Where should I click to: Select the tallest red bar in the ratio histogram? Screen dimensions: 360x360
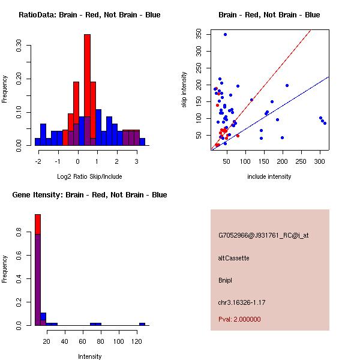click(87, 84)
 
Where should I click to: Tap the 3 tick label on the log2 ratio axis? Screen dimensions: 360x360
click(137, 161)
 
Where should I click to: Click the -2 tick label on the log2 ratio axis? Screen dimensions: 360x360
click(38, 161)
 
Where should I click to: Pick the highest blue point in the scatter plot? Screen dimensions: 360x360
click(225, 34)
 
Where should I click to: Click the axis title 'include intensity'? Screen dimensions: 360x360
click(269, 176)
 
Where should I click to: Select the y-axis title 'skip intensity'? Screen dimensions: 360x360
click(184, 90)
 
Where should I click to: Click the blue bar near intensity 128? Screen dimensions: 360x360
click(142, 324)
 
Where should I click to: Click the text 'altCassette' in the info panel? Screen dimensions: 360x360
click(234, 258)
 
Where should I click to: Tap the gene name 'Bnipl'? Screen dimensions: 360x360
click(225, 280)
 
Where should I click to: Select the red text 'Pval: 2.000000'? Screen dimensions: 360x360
click(239, 319)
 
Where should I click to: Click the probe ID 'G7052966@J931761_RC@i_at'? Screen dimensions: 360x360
click(263, 236)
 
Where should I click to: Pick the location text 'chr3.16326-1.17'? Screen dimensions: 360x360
click(242, 302)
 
